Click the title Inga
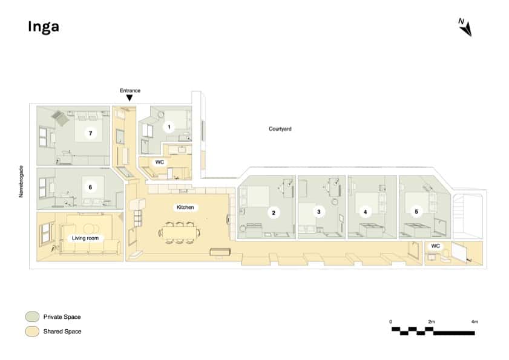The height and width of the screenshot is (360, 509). click(x=43, y=27)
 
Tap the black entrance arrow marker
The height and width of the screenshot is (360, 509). click(x=129, y=98)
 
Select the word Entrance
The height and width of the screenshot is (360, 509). click(x=130, y=90)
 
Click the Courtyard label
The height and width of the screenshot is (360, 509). click(x=280, y=129)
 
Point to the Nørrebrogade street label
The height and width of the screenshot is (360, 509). click(x=22, y=182)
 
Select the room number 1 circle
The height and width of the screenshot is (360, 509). click(x=169, y=127)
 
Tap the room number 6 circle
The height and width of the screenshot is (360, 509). click(x=90, y=187)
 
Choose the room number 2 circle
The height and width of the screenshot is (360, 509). click(x=274, y=212)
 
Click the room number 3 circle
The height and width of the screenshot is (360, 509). click(x=318, y=212)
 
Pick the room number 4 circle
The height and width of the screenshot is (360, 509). click(x=364, y=212)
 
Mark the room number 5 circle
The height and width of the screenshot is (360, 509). click(x=415, y=212)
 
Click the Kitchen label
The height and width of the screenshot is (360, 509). click(x=185, y=208)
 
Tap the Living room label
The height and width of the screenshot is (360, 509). click(x=85, y=238)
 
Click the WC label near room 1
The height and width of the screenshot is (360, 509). click(x=160, y=162)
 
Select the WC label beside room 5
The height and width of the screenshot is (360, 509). click(x=435, y=247)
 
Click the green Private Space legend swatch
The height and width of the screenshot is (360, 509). click(x=32, y=316)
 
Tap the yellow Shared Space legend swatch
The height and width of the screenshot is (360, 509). click(x=32, y=331)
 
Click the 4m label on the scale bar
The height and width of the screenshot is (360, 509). click(x=474, y=321)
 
